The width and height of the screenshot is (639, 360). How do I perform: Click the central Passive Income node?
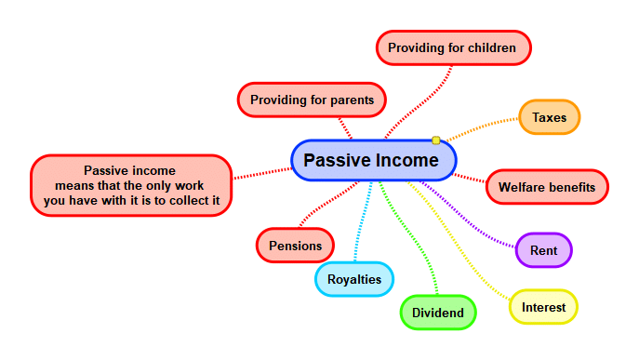[372, 161]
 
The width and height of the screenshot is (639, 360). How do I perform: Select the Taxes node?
[549, 118]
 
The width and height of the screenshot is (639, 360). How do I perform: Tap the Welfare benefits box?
[546, 187]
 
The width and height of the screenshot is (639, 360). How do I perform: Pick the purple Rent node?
[543, 250]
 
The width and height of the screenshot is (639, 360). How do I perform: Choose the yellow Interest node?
[543, 307]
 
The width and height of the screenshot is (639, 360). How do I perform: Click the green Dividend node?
[437, 313]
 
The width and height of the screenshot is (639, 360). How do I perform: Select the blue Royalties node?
[354, 278]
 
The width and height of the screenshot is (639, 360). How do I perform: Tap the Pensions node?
[295, 246]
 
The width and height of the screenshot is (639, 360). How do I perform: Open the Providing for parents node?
[312, 100]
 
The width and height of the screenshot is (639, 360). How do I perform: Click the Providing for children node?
[453, 47]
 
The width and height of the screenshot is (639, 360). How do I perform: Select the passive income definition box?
[130, 185]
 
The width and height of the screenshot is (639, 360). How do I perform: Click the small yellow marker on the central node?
[435, 140]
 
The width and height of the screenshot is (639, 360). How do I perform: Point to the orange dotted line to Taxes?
[484, 127]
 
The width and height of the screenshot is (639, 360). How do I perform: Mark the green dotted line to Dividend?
[409, 242]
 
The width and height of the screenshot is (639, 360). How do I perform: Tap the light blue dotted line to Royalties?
[361, 223]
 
